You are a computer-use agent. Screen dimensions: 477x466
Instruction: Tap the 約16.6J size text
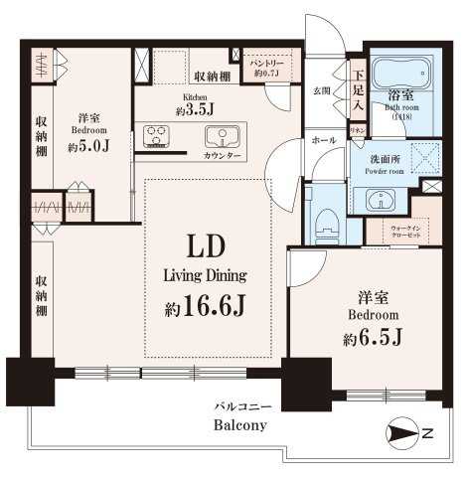click(x=206, y=308)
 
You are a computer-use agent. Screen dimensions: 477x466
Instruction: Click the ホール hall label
click(x=324, y=140)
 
